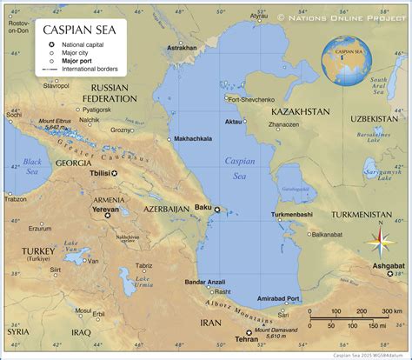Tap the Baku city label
tap(203, 207)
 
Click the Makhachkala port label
tap(194, 138)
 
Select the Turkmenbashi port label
tap(291, 214)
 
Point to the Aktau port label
tap(234, 122)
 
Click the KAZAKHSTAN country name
tap(301, 112)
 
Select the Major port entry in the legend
tap(77, 61)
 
